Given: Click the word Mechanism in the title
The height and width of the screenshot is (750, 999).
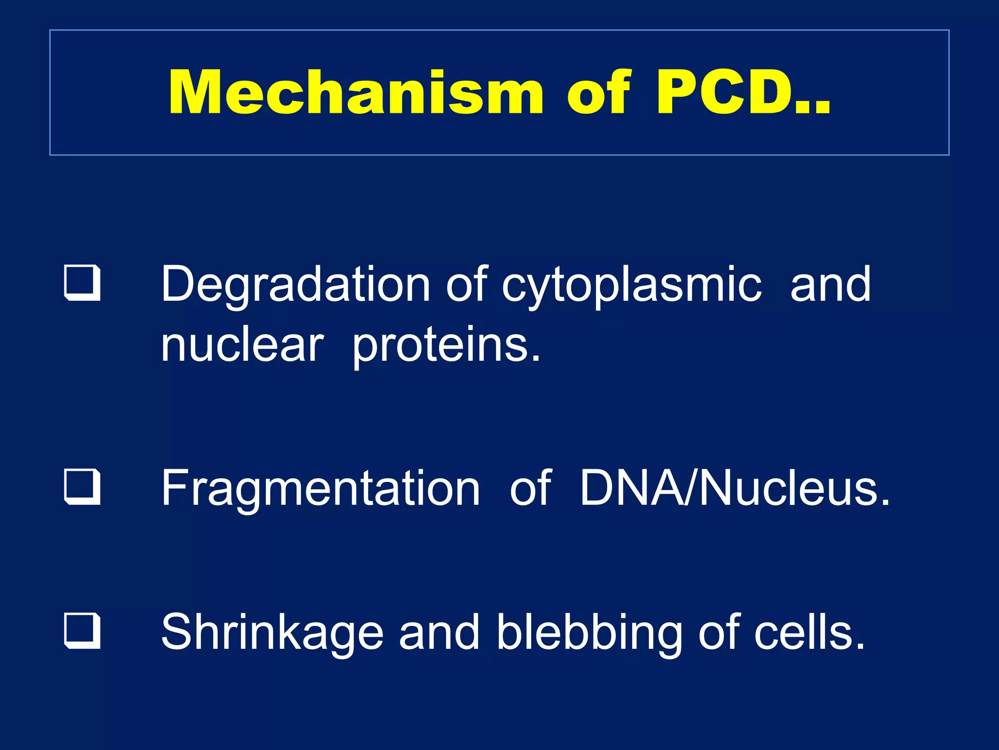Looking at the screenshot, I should [356, 93].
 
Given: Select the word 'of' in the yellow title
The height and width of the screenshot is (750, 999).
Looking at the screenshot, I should [599, 93].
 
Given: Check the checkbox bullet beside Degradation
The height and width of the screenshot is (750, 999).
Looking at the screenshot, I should [82, 283].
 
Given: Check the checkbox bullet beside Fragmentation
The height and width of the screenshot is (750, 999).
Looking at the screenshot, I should [82, 487].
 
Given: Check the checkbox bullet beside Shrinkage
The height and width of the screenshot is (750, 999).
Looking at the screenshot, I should [82, 631].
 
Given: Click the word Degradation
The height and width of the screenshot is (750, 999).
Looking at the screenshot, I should [296, 284].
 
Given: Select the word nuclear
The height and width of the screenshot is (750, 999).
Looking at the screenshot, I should [242, 345].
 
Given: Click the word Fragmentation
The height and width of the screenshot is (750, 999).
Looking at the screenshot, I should [320, 488].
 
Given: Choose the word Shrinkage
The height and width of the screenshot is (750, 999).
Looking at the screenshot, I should [272, 633].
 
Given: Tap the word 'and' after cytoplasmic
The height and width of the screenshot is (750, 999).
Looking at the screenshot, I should [830, 284].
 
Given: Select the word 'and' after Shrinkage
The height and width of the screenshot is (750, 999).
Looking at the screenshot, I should [439, 632].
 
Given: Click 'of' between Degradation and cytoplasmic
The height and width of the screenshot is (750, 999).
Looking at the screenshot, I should [467, 284].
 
